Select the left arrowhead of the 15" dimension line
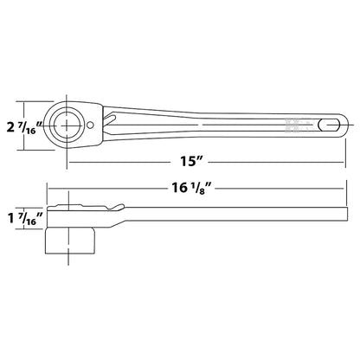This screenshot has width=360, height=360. point(69,161)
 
